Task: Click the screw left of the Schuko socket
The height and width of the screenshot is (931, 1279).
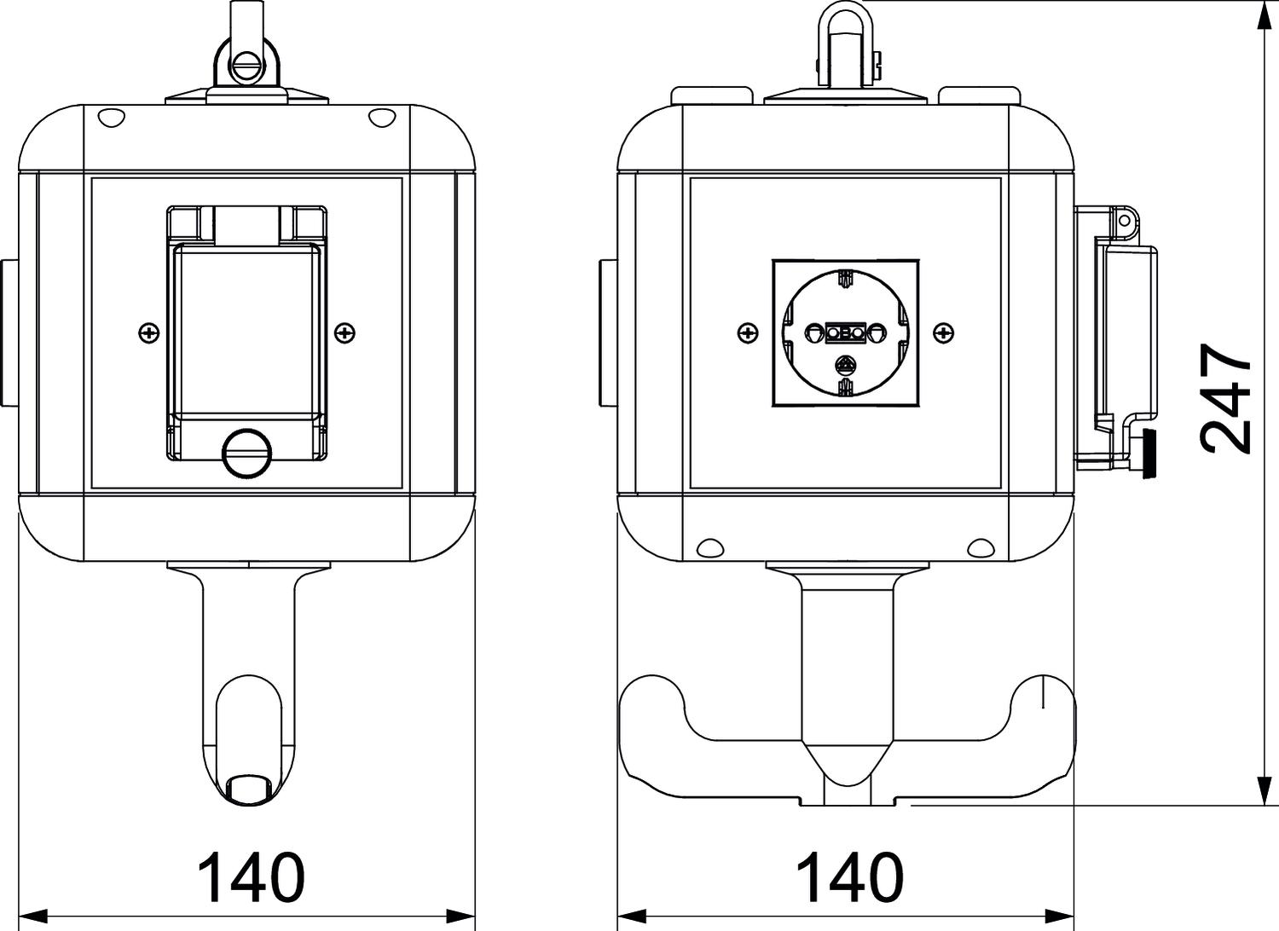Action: tap(748, 332)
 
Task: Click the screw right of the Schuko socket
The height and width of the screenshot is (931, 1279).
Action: tap(945, 332)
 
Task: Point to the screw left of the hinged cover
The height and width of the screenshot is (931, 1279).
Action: tap(149, 332)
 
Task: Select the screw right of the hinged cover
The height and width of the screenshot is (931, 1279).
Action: tap(344, 332)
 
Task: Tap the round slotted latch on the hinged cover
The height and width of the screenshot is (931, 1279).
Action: tap(246, 452)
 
